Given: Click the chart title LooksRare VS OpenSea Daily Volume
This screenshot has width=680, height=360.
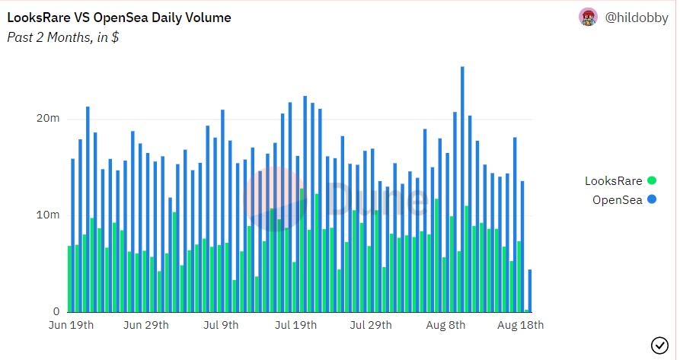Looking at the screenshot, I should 119,17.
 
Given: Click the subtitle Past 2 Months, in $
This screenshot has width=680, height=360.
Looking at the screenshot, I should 62,37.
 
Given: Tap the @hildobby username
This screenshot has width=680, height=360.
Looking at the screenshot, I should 636,17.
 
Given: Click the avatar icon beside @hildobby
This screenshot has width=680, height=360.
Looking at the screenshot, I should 587,17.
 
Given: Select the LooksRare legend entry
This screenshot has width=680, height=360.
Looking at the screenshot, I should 614,181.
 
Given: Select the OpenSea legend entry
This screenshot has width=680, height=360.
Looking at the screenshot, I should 618,200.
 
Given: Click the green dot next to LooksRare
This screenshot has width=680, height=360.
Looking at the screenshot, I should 651,181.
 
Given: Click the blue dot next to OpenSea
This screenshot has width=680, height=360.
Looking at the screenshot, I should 651,200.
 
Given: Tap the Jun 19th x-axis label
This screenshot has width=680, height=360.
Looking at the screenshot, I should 71,325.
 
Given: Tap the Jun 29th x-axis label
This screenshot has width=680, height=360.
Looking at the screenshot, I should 146,325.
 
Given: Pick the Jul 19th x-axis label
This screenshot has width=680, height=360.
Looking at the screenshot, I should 295,325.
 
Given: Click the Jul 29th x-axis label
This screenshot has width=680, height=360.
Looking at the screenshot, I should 371,325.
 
